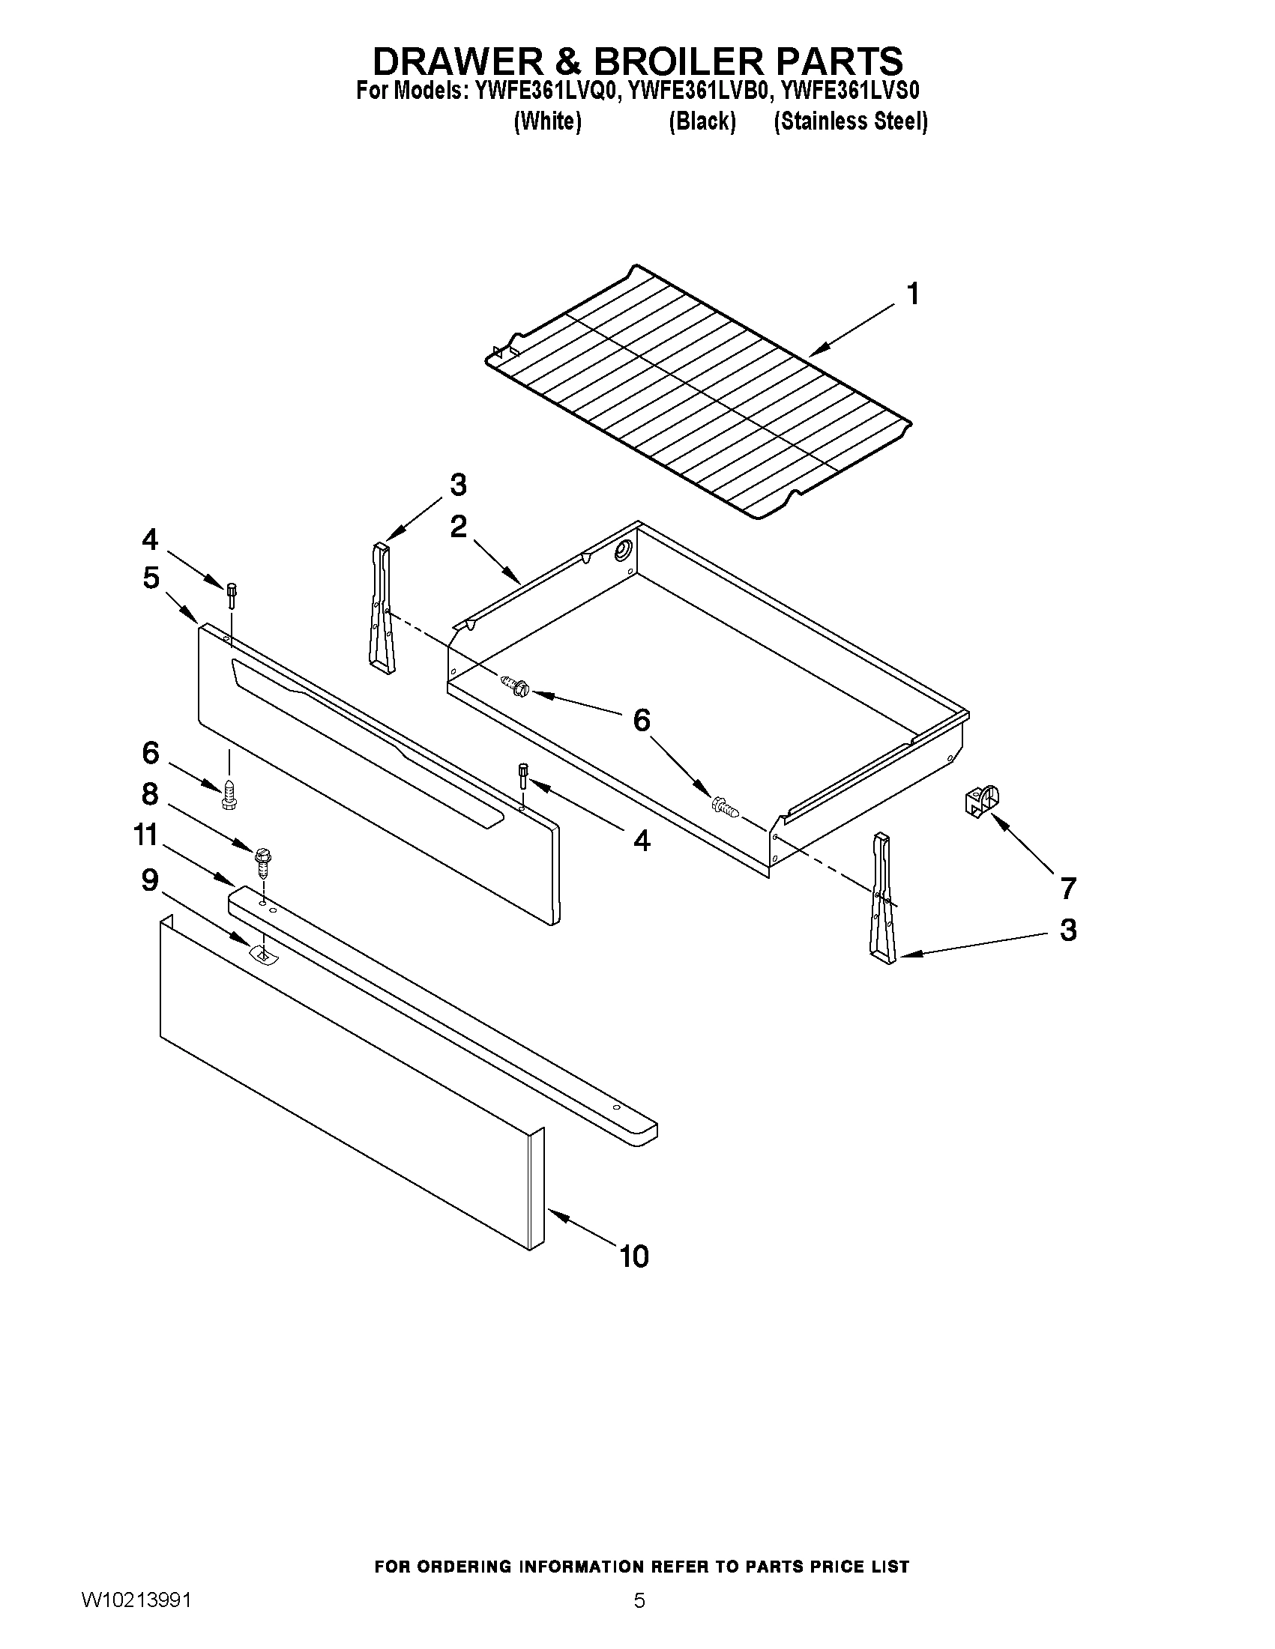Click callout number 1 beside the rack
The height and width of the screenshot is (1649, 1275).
point(912,294)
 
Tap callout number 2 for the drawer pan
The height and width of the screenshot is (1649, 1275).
point(458,527)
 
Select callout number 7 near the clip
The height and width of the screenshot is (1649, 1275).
point(1067,888)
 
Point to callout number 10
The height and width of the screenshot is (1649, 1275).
point(634,1256)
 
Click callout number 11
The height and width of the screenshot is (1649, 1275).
point(145,835)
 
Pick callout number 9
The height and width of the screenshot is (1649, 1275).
point(150,880)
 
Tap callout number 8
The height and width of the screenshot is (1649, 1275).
point(150,793)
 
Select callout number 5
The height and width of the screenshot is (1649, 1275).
point(151,578)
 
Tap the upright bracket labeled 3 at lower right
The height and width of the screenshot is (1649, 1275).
point(883,898)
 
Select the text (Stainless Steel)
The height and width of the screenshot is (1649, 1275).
point(851,121)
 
